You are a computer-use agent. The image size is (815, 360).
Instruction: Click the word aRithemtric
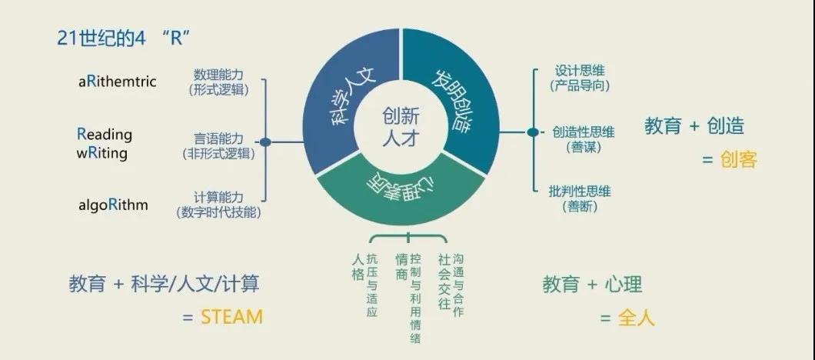tap(117, 81)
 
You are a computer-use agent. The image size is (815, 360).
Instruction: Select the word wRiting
tap(101, 152)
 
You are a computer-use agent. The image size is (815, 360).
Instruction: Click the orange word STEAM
tap(231, 316)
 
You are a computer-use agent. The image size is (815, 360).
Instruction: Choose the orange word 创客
tap(739, 159)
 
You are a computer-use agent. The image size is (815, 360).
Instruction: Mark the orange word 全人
tap(637, 317)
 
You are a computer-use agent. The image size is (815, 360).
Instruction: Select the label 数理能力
tap(218, 75)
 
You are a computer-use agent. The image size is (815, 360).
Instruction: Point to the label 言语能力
tap(218, 138)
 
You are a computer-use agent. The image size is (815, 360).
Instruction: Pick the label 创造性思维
tap(584, 132)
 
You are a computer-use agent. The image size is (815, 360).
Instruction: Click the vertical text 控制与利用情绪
tap(415, 296)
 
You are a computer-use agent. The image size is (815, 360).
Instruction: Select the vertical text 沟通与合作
tap(458, 285)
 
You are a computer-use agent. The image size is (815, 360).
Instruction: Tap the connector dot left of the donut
tap(265, 142)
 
